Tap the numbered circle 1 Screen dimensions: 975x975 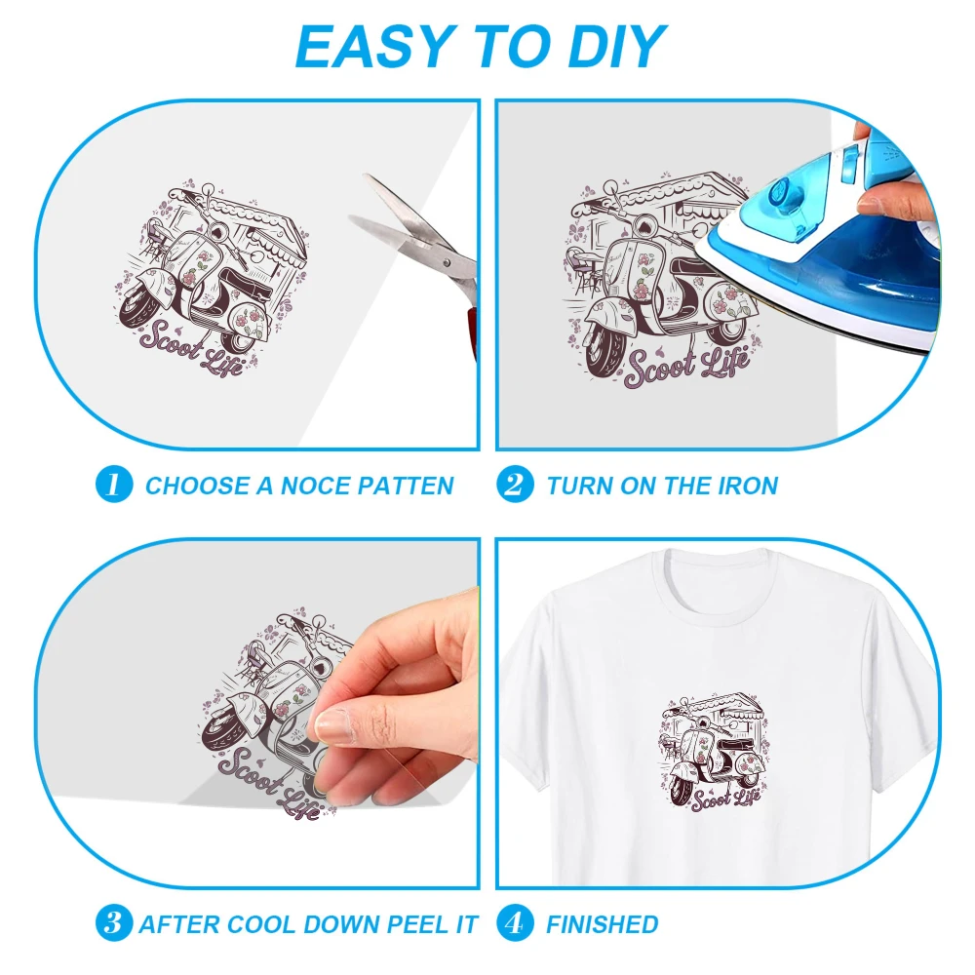(x=114, y=485)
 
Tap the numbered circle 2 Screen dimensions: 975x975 (x=515, y=485)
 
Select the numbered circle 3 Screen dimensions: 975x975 (x=114, y=922)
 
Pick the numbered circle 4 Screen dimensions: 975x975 (x=515, y=922)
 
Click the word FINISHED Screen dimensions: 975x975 (x=602, y=924)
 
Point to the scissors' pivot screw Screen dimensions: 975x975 (x=446, y=263)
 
